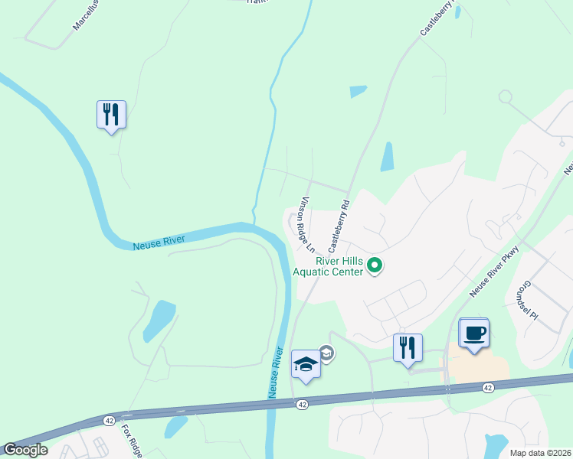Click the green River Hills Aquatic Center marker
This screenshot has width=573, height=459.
coord(375,265)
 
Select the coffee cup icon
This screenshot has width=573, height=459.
coord(473,334)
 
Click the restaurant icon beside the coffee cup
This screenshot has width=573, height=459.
coord(407,347)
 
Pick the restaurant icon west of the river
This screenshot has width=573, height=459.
coord(111,115)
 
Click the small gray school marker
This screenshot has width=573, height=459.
coord(326,353)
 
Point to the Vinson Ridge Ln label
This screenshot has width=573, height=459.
coord(307,225)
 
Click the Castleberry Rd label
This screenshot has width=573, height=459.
coord(339,226)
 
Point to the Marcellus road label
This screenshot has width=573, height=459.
coord(87,15)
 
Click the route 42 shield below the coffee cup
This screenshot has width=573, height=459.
coord(487,388)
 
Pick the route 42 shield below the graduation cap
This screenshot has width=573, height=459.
coord(303,404)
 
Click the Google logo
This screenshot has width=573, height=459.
coord(25,450)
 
